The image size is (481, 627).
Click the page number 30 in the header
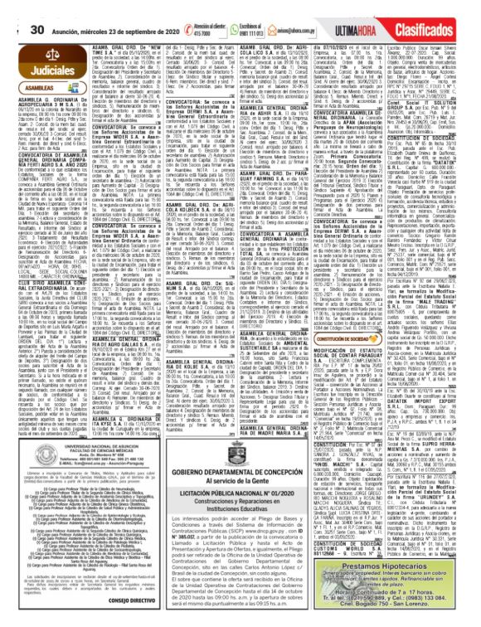(13, 7)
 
